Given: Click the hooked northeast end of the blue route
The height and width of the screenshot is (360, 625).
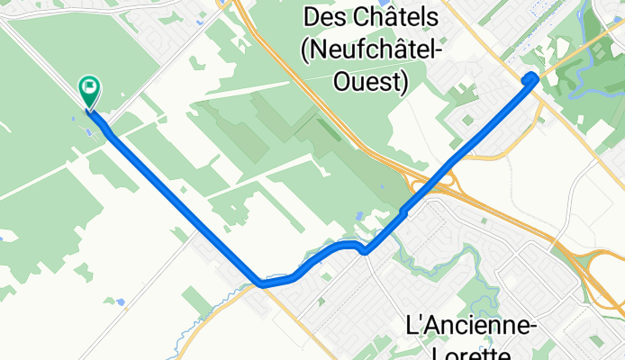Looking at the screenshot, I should (532, 76).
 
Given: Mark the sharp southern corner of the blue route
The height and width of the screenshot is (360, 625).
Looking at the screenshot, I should (261, 283).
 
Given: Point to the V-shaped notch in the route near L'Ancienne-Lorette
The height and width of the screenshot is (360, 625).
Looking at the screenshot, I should (364, 251).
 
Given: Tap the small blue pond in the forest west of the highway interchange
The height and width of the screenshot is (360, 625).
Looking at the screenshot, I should (359, 216).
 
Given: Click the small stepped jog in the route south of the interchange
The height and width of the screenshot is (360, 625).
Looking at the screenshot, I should (403, 212).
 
